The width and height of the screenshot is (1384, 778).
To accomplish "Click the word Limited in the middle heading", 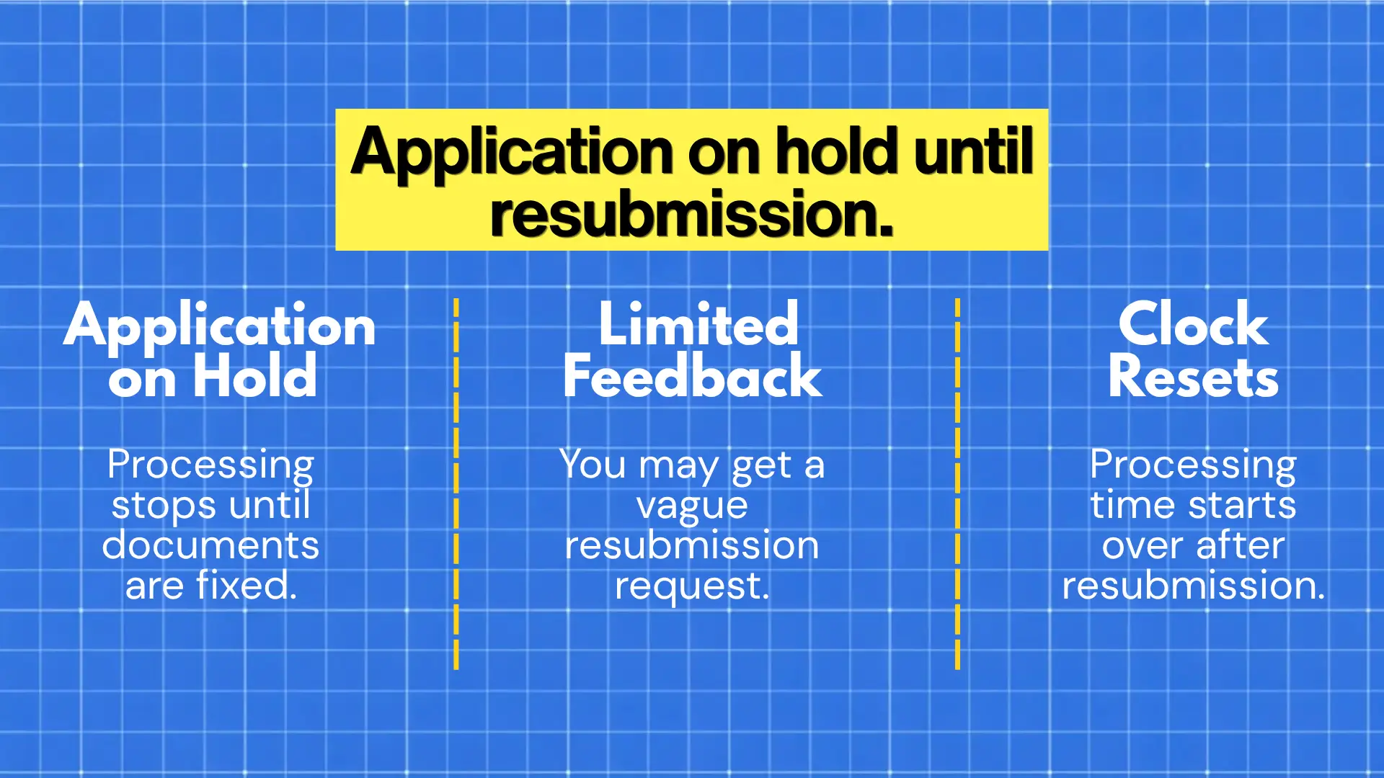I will coord(698,325).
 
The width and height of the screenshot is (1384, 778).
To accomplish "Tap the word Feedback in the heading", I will coord(692,377).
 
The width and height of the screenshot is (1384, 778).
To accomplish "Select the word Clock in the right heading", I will coord(1193,325).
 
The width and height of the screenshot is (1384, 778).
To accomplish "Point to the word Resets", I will coord(1193,377).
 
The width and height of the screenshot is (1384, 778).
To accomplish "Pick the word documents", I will coord(210,545).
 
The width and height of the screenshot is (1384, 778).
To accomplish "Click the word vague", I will coord(692,506).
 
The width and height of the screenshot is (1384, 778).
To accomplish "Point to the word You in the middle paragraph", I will coord(593,465).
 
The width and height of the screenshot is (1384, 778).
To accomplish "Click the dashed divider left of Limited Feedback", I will coord(456,483).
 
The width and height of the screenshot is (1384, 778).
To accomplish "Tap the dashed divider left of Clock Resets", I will coord(957,483).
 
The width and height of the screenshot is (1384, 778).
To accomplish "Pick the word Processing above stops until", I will coord(210,465).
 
